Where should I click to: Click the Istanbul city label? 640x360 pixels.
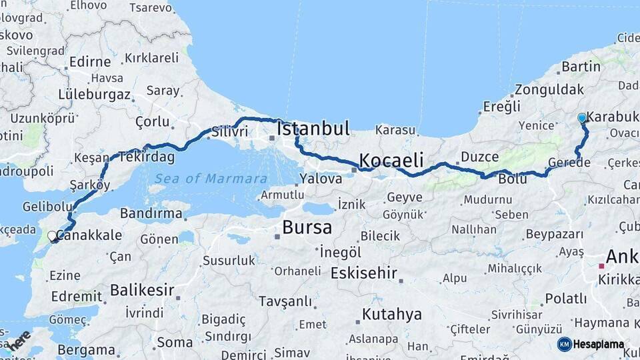tap(313, 128)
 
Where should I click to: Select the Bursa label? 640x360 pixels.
tap(307, 227)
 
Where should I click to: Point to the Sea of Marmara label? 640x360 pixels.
tap(211, 179)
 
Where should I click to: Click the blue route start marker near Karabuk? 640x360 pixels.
tap(582, 118)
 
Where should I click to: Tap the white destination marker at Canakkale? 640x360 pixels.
tap(53, 236)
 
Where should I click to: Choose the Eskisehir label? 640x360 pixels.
tap(363, 273)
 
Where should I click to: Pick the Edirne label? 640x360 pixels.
tap(89, 62)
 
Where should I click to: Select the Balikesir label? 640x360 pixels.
tap(141, 291)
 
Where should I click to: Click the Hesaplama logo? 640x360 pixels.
tap(591, 344)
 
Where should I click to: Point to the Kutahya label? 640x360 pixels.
tap(391, 314)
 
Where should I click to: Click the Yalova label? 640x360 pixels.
tap(321, 179)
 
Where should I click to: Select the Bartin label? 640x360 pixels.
tap(581, 67)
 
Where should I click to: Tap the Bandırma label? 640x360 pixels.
tap(151, 214)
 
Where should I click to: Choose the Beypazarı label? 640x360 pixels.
tap(554, 234)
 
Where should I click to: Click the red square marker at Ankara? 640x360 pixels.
tap(601, 266)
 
